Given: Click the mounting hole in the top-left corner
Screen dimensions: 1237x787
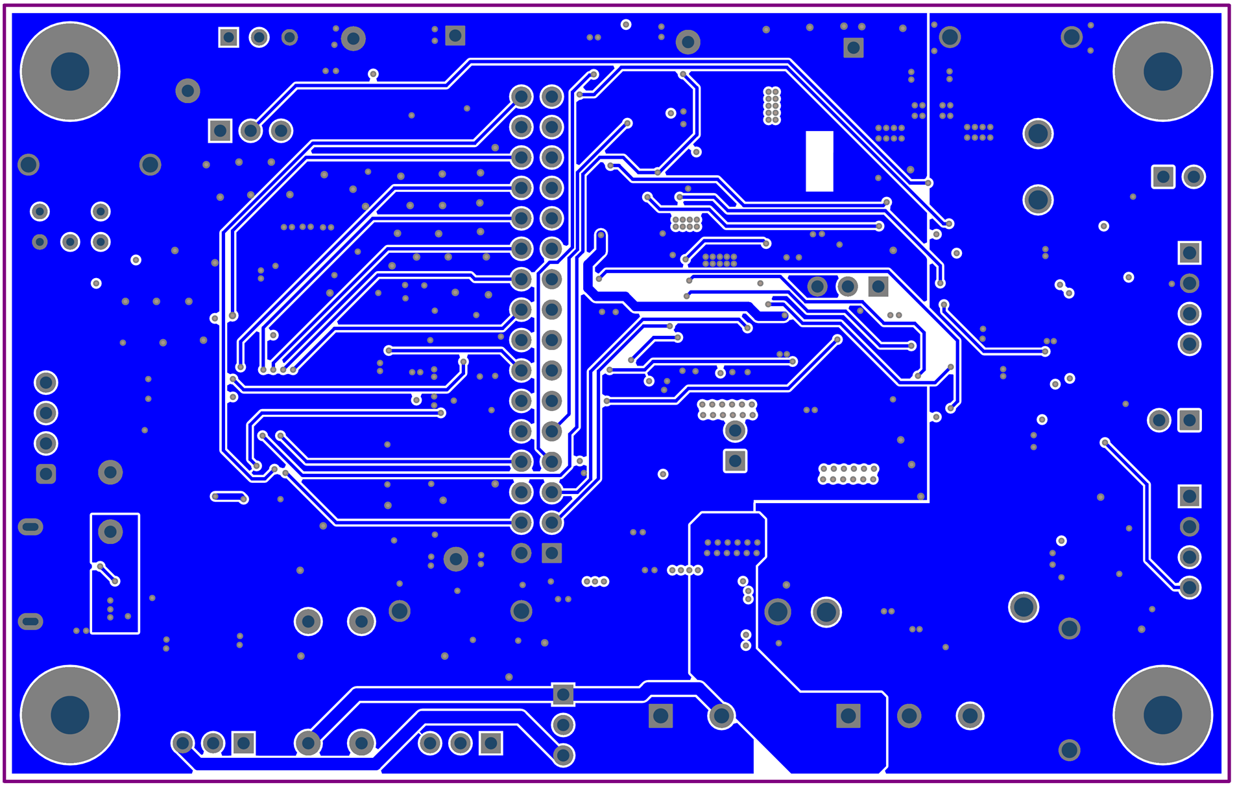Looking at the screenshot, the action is (x=70, y=71).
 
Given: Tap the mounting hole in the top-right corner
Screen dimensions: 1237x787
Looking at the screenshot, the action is (x=1162, y=71).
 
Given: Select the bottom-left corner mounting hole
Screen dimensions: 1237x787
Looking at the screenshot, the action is (x=70, y=714).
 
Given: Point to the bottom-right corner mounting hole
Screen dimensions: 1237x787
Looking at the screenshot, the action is (x=1162, y=714).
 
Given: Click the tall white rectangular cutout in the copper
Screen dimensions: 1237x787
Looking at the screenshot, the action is (x=819, y=161).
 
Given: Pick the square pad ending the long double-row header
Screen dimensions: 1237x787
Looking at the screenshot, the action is (x=551, y=553).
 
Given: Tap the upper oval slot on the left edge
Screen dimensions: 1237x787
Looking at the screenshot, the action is (x=30, y=526).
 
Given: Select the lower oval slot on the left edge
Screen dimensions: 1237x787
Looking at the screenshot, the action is (x=30, y=622).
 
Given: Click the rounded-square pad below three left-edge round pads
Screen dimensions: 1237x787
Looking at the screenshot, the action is (x=46, y=474).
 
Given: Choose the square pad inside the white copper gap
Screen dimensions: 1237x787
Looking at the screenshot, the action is (x=878, y=286).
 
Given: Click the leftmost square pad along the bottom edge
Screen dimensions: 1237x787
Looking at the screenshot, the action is (x=243, y=743).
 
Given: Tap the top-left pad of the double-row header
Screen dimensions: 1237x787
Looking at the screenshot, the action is (x=521, y=97).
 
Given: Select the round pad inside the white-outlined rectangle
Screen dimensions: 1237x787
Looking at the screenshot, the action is (x=110, y=532).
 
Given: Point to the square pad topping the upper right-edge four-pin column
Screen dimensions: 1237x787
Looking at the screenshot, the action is (x=1189, y=253).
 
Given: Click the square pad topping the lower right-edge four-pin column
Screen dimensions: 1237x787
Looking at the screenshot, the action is (x=1189, y=497).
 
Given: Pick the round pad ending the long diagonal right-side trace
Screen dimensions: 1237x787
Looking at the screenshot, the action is (x=1189, y=587).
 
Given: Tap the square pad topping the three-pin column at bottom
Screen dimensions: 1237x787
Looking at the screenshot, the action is (x=562, y=694).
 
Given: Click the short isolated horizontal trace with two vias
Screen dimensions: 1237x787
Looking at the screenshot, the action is (x=229, y=497).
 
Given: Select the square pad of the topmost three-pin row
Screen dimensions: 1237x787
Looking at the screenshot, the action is (x=228, y=37).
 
